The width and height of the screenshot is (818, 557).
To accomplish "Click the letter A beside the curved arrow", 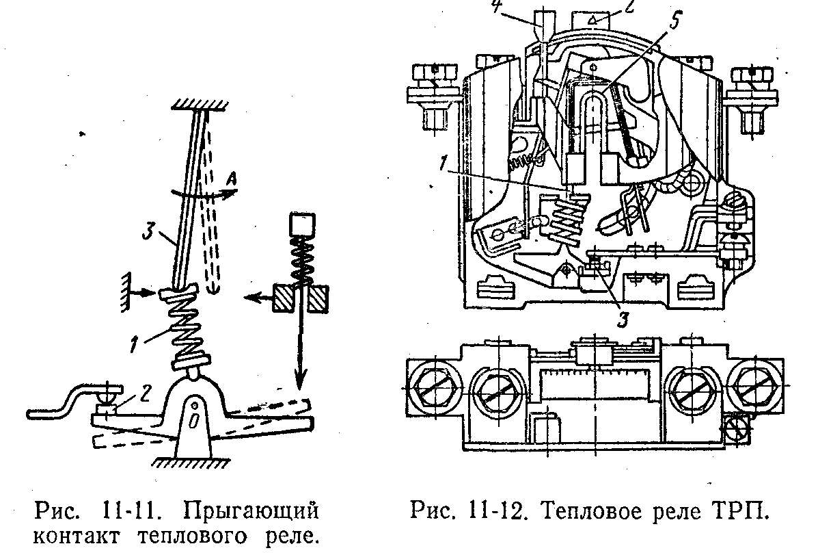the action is coord(232,180).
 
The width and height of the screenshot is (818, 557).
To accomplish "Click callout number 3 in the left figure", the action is coord(149,230).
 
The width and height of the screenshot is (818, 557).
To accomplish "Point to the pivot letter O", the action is coord(193,421).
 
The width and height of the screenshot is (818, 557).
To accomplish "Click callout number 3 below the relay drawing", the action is coord(623,319).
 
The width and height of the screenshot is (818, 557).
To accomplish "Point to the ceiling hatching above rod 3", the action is coord(200,105).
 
